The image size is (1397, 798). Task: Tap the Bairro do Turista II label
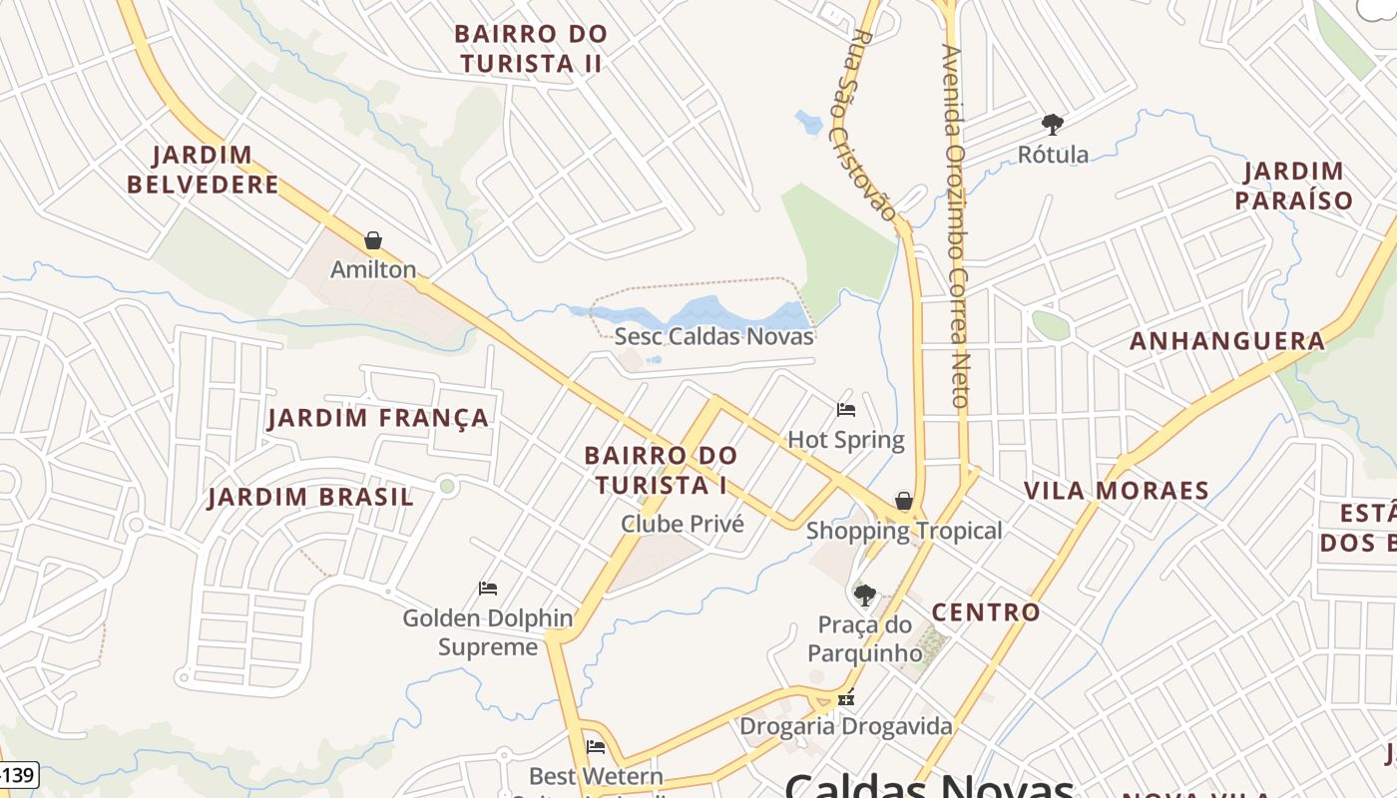530,48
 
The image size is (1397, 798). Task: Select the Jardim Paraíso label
1294,186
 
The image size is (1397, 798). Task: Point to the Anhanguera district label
1227,341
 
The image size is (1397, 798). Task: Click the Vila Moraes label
1117,491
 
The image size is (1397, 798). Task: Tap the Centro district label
986,612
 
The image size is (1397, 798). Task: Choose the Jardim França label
378,418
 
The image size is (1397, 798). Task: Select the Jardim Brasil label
310,497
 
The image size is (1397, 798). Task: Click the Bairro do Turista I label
661,470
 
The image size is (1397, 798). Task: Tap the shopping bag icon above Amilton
373,240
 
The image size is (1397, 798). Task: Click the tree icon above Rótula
1052,125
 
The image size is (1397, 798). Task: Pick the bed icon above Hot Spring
846,409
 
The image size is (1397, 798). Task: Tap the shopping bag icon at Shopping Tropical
903,500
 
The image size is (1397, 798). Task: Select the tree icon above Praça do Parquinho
864,596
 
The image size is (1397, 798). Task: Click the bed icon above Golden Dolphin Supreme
488,589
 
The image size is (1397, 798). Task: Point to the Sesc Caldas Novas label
713,336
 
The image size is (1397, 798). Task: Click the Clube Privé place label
683,524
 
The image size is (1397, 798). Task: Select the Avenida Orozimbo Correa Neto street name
955,226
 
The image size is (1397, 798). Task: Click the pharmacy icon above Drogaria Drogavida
846,699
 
